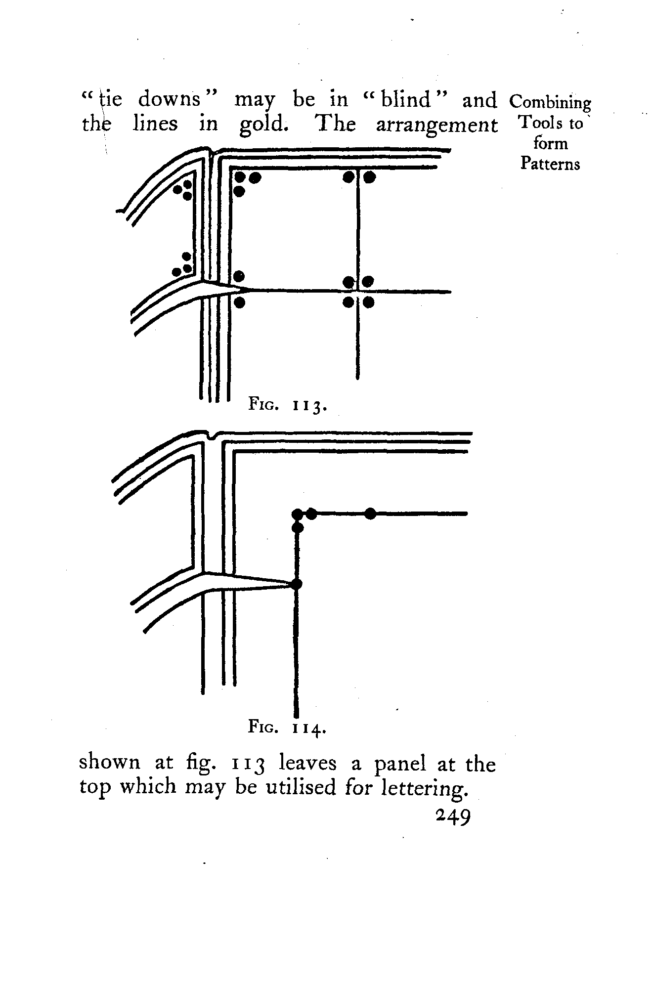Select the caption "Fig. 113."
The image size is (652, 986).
(287, 406)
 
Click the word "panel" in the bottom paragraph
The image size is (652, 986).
(400, 764)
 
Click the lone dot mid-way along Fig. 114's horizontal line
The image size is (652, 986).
(370, 514)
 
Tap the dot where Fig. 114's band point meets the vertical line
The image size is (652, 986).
(297, 584)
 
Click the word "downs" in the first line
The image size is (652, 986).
(169, 100)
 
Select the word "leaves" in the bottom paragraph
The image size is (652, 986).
(307, 764)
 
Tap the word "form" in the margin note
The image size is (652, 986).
(550, 143)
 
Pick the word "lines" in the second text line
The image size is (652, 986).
(155, 124)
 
